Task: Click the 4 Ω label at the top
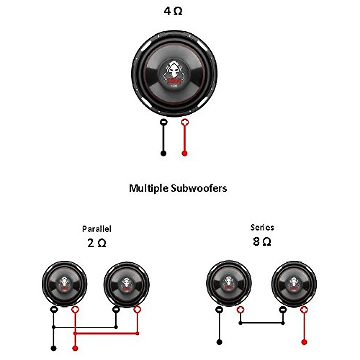pyautogui.click(x=173, y=11)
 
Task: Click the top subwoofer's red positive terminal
pyautogui.click(x=185, y=122)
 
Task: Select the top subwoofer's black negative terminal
pyautogui.click(x=163, y=122)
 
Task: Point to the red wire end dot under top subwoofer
pyautogui.click(x=185, y=153)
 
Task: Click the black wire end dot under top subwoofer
pyautogui.click(x=163, y=153)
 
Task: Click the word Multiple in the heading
pyautogui.click(x=148, y=188)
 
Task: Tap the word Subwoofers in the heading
pyautogui.click(x=199, y=188)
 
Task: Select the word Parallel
pyautogui.click(x=97, y=229)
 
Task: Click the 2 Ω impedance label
pyautogui.click(x=97, y=243)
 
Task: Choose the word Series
pyautogui.click(x=262, y=227)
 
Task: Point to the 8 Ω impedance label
pyautogui.click(x=262, y=241)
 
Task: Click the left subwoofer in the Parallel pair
pyautogui.click(x=64, y=283)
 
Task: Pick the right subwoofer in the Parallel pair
pyautogui.click(x=126, y=284)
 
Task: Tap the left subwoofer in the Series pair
pyautogui.click(x=229, y=283)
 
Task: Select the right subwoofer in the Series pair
pyautogui.click(x=294, y=283)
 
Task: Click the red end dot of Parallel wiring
pyautogui.click(x=75, y=348)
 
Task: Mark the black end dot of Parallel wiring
pyautogui.click(x=53, y=348)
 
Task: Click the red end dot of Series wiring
pyautogui.click(x=304, y=342)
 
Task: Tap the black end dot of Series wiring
pyautogui.click(x=219, y=342)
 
